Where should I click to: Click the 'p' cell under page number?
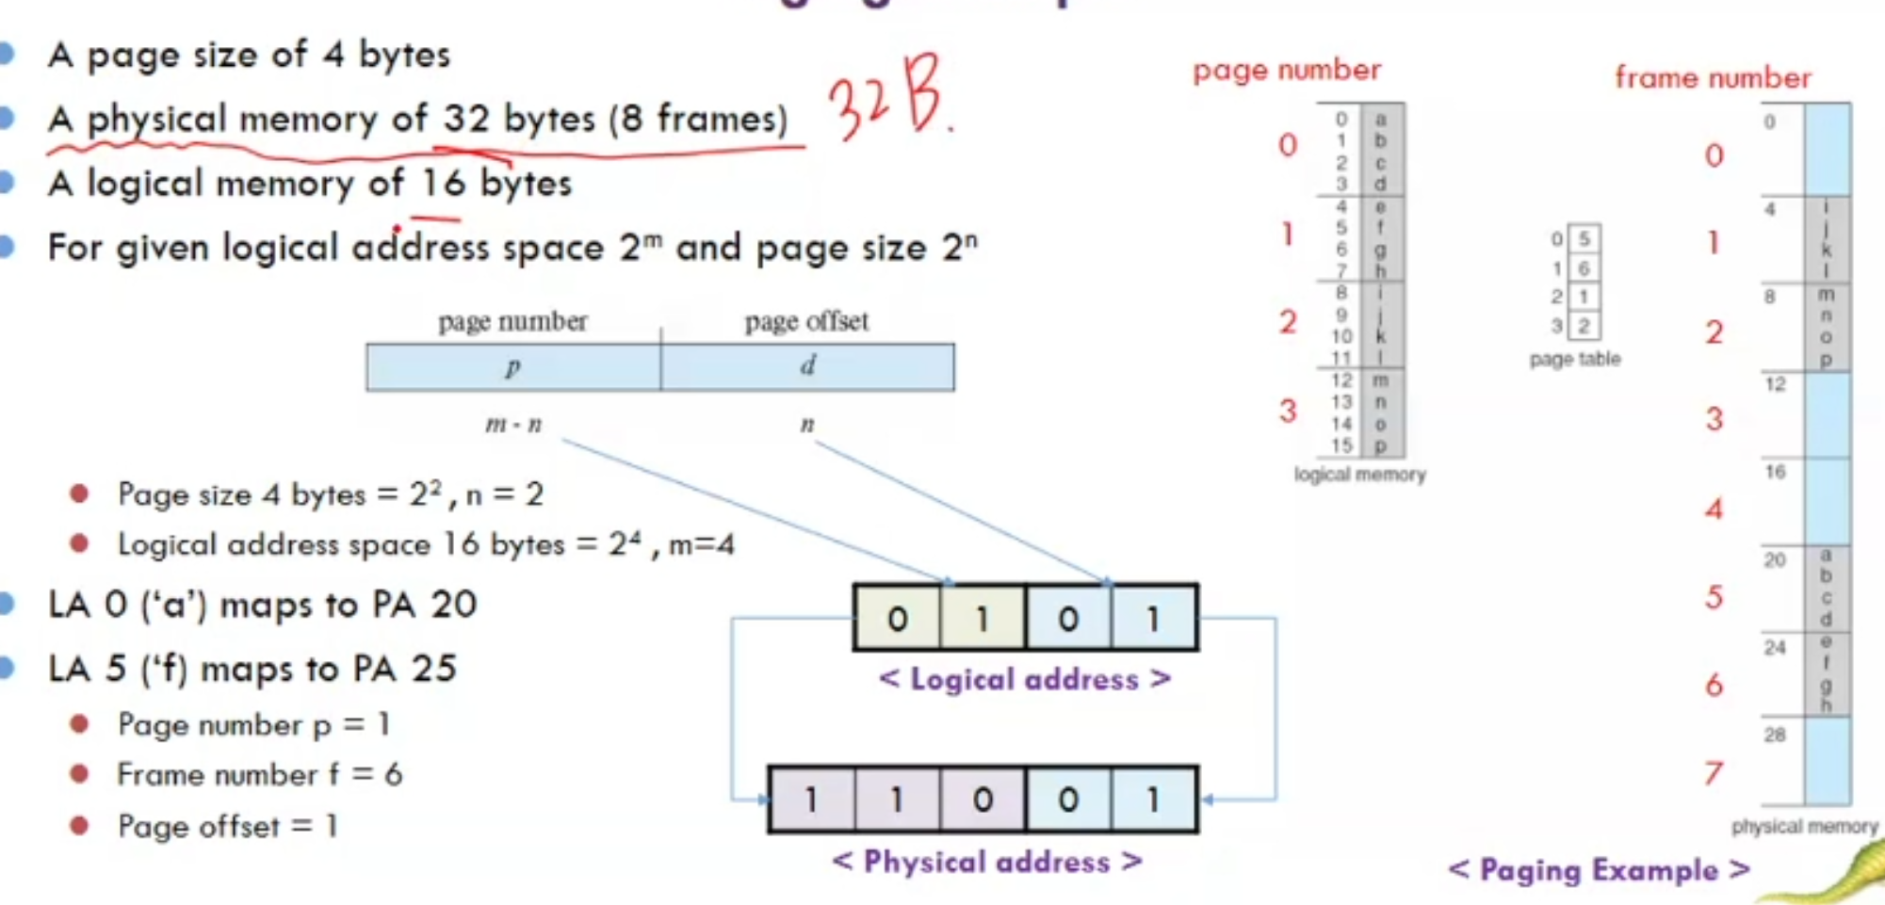[x=513, y=366]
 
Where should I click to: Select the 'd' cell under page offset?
[x=807, y=366]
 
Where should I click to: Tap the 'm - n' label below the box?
[x=513, y=425]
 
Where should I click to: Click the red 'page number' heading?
[x=1286, y=71]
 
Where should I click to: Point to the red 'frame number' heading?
[x=1713, y=78]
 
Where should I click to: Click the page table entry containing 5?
[x=1584, y=239]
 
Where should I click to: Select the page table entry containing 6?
[x=1584, y=268]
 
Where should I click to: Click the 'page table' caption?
[x=1575, y=359]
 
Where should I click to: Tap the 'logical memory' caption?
[x=1359, y=475]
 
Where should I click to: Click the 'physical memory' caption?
[x=1804, y=827]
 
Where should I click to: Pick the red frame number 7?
[x=1714, y=773]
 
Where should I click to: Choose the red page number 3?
[x=1288, y=411]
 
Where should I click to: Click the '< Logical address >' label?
[x=1025, y=679]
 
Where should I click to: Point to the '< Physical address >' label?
[x=987, y=862]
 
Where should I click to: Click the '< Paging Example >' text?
[x=1599, y=870]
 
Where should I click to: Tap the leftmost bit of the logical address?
[x=897, y=619]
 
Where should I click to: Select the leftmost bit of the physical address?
[x=811, y=800]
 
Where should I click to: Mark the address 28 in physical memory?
[x=1775, y=735]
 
